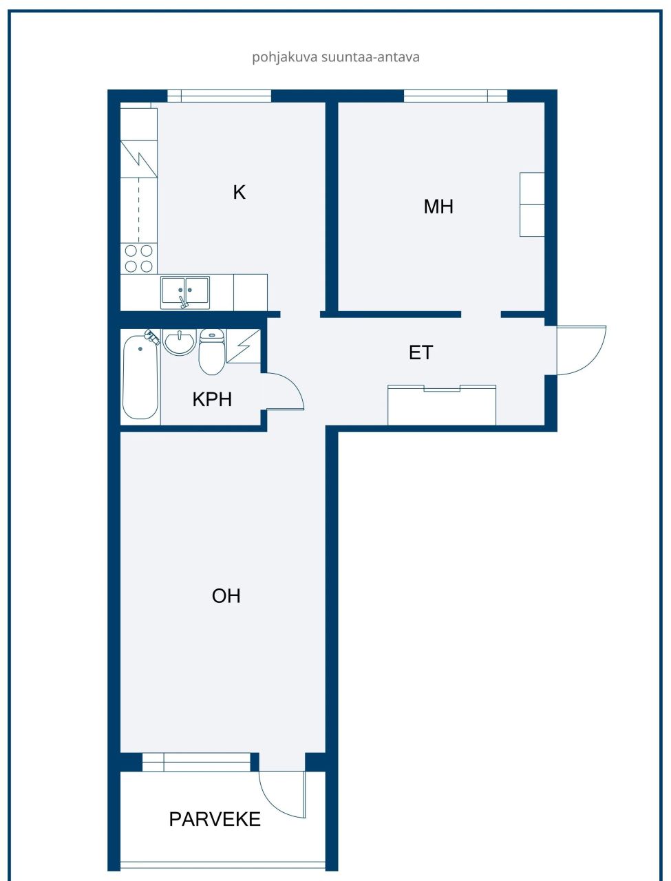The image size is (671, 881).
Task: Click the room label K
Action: [239, 192]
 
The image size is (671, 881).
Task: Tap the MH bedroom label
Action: [438, 206]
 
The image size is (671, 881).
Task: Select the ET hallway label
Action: [420, 352]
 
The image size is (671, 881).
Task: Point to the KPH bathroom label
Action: [212, 399]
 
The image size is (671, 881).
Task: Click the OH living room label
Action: [226, 595]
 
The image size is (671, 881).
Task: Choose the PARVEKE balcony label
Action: [215, 819]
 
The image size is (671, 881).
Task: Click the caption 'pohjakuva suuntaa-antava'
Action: [335, 57]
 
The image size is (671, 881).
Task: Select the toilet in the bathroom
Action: [212, 352]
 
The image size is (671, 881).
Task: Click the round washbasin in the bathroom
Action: [180, 342]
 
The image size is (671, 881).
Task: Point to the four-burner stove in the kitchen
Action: [138, 259]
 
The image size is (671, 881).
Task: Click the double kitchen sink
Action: [185, 292]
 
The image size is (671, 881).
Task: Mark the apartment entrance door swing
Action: [580, 350]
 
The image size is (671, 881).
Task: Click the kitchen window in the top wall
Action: [220, 96]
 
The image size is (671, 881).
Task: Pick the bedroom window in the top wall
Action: [455, 96]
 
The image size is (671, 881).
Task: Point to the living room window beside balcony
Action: [197, 762]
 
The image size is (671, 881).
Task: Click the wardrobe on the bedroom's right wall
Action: [532, 204]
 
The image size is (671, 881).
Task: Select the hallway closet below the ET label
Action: [442, 406]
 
